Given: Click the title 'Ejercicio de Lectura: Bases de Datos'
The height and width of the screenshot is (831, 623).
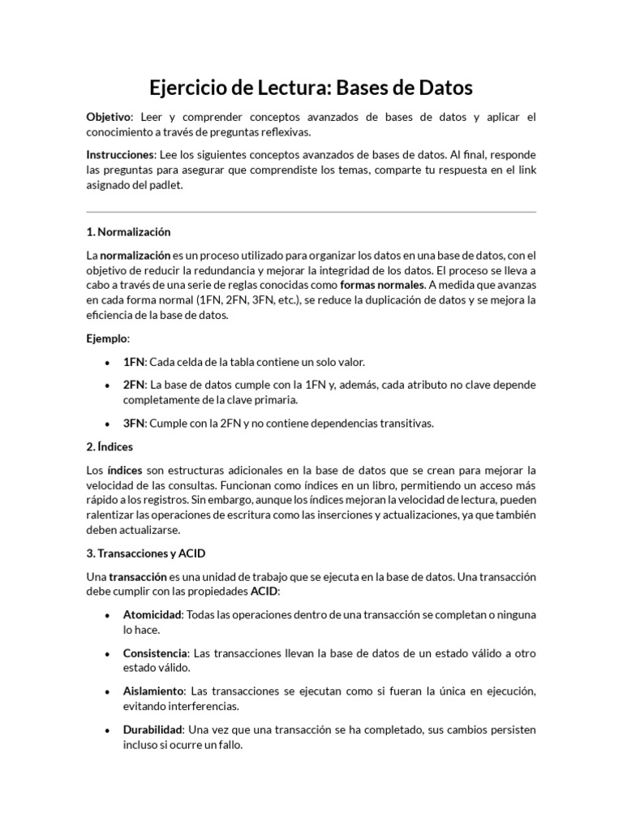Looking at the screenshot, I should point(311,87).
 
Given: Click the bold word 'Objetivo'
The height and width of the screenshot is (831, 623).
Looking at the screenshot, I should point(108,118).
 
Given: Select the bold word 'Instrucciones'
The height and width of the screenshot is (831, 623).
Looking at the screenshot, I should point(120,154).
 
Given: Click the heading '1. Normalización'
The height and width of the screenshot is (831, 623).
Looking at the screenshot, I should point(128,232).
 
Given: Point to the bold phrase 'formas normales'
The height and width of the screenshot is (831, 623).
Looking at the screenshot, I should point(381,286).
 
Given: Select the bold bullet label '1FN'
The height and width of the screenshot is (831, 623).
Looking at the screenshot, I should point(133,362).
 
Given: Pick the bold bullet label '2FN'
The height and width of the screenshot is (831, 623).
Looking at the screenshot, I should point(133,385).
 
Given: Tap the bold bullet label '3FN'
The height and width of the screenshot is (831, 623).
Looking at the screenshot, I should point(133,423).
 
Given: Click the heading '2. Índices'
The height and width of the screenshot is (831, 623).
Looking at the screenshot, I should point(110,446).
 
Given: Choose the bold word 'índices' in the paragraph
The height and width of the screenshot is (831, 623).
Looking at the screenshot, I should point(124,471).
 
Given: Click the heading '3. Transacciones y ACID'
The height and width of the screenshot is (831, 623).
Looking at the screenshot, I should point(146,553).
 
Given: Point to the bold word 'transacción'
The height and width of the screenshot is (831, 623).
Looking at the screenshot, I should point(138,577).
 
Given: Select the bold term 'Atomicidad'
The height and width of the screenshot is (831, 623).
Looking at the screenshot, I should point(153,615).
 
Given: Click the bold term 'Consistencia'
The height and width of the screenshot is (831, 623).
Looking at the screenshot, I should point(155,653).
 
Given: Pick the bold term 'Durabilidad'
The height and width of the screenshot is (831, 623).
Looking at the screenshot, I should point(153,730).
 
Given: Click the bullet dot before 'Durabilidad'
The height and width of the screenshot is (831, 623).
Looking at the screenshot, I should point(108,730).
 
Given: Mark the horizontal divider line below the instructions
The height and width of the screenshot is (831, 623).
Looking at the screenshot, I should point(311,212).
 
